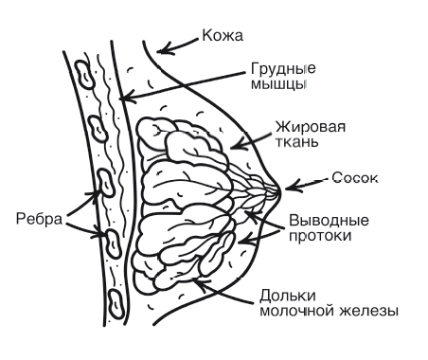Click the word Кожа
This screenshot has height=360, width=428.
click(222, 37)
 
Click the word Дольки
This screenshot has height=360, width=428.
click(286, 294)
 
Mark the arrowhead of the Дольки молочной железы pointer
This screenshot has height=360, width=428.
click(195, 278)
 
